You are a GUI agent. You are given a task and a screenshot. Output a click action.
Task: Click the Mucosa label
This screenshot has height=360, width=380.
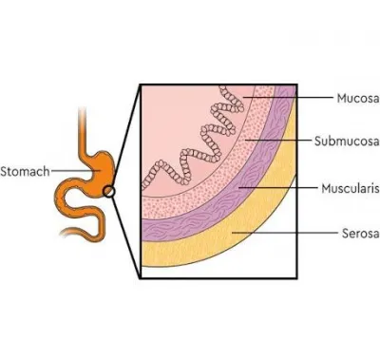coord(358,98)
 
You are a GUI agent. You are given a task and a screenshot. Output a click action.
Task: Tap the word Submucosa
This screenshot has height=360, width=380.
coord(347,141)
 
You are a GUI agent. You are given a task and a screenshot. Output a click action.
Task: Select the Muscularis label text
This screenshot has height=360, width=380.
coord(351,188)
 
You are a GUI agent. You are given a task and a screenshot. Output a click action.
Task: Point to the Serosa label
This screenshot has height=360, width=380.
coord(361,234)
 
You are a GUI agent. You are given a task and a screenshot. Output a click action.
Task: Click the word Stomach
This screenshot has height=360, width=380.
coord(25,171)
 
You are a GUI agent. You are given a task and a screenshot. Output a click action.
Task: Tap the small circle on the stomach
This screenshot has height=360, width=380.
coord(108,191)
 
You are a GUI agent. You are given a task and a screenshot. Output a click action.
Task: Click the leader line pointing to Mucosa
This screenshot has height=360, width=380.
coord(287,98)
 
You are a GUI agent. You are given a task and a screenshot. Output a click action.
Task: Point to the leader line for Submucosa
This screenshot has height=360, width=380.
coord(278,140)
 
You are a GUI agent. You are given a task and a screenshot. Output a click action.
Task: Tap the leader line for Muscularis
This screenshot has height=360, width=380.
coord(277,188)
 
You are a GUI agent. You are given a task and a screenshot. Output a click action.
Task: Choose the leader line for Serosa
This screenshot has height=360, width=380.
coord(285,233)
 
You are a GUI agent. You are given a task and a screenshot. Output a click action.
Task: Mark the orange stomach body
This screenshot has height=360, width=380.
coord(103,168)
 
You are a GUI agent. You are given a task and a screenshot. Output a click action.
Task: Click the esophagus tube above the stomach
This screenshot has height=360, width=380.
coord(83,130)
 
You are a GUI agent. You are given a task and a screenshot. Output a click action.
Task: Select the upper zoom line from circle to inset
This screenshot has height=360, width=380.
coord(125,137)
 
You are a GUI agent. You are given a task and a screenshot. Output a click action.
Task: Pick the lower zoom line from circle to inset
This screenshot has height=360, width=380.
coord(126,237)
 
